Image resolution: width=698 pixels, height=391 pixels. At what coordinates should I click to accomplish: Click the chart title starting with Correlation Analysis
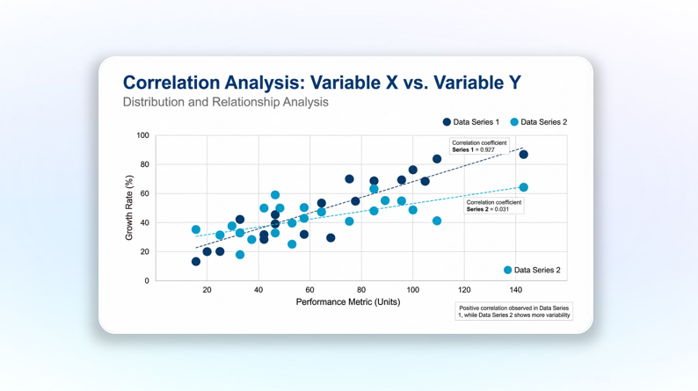pyautogui.click(x=322, y=83)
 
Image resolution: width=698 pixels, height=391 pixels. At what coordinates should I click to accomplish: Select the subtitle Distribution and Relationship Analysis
pyautogui.click(x=225, y=102)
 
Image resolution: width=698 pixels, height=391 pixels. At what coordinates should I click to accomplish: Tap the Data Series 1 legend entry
pyautogui.click(x=470, y=122)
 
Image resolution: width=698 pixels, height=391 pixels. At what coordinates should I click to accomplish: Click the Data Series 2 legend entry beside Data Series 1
pyautogui.click(x=538, y=122)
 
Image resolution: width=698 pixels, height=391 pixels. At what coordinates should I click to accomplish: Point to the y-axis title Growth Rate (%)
pyautogui.click(x=129, y=208)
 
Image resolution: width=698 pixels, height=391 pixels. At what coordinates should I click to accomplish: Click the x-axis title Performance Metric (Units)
pyautogui.click(x=347, y=301)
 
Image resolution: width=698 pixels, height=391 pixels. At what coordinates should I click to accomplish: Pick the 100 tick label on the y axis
pyautogui.click(x=142, y=135)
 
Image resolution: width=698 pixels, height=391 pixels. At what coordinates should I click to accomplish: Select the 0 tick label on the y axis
pyautogui.click(x=146, y=281)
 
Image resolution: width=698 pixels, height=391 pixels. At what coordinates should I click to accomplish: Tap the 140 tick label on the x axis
pyautogui.click(x=515, y=289)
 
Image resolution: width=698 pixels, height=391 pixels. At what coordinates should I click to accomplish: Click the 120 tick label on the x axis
pyautogui.click(x=464, y=289)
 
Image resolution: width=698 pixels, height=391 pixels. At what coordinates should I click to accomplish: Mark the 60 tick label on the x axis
pyautogui.click(x=309, y=289)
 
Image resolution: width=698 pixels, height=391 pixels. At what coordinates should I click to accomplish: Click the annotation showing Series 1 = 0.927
pyautogui.click(x=479, y=146)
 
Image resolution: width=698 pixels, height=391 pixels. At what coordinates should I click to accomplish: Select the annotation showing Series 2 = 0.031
pyautogui.click(x=493, y=206)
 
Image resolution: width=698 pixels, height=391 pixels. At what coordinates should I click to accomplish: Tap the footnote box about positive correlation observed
pyautogui.click(x=513, y=311)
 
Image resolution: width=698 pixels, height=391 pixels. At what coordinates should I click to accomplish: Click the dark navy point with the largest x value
pyautogui.click(x=524, y=155)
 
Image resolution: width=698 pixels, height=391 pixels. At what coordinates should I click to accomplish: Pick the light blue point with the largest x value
pyautogui.click(x=524, y=187)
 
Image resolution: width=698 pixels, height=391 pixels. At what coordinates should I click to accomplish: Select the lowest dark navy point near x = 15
pyautogui.click(x=196, y=262)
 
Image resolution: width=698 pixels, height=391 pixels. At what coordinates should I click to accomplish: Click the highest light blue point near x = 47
pyautogui.click(x=275, y=195)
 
